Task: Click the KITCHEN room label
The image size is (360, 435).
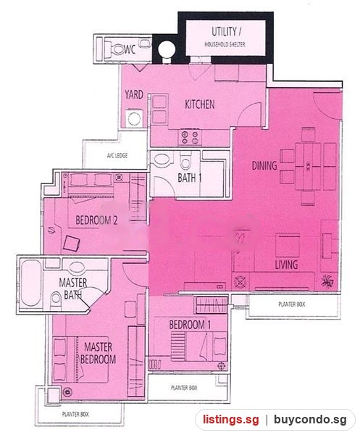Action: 199,104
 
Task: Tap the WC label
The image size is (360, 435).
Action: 130,49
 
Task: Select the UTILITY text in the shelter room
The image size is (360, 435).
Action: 226,32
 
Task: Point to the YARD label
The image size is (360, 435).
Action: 134,94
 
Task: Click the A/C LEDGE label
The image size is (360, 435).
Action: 117,155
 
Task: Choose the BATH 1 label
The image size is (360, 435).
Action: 190,178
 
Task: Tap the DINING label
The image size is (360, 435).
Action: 264,165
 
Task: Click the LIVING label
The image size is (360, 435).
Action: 286,265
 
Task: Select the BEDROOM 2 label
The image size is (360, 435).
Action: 96,220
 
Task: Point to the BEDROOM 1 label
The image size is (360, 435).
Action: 190,325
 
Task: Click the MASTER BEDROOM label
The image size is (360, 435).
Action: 99,353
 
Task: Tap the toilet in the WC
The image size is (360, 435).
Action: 117,49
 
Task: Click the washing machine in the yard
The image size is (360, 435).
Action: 135,118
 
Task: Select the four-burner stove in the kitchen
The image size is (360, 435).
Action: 190,138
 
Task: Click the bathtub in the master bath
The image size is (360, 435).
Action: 31,283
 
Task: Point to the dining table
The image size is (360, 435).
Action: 308,167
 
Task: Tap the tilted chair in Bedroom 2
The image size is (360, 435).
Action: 72,244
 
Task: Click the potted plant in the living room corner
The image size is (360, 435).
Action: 328,281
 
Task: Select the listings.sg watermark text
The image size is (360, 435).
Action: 231,420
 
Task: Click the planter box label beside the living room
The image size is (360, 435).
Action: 291,304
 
